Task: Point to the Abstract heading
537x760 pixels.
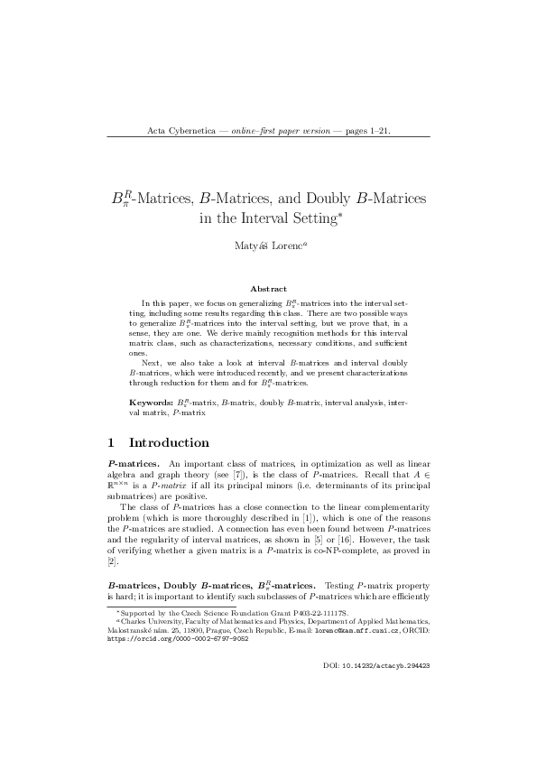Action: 268,288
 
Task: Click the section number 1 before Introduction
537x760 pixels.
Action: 111,443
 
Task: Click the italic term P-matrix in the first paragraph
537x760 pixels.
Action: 179,483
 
